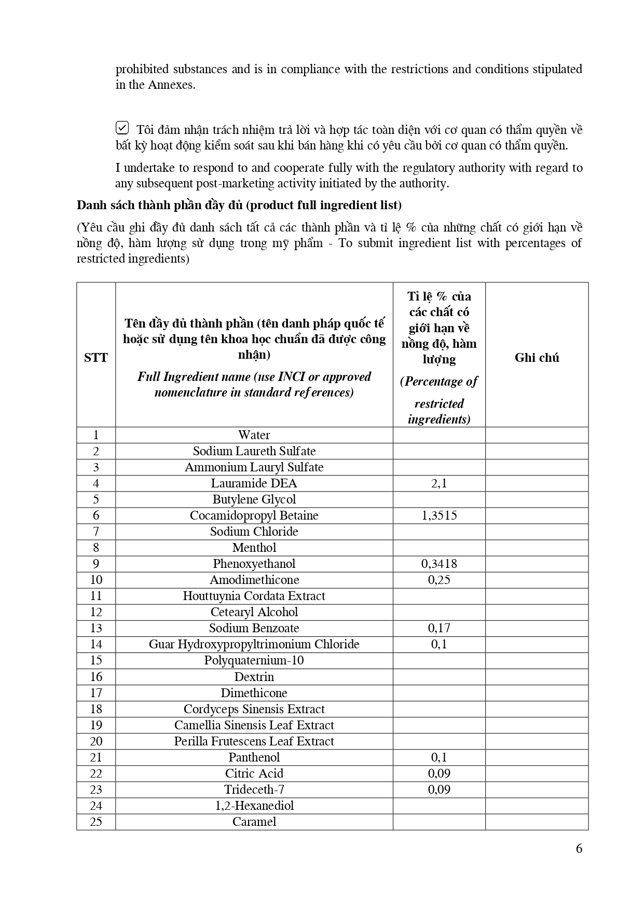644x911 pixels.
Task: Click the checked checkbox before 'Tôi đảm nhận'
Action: pos(122,127)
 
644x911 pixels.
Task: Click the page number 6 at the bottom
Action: pos(579,848)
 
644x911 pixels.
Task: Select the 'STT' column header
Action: pos(96,357)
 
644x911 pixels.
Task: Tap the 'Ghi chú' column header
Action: pos(537,357)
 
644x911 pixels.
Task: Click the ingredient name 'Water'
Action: pos(254,435)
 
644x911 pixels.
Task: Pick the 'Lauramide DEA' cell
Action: pos(254,483)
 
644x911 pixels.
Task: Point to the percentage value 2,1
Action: pos(439,483)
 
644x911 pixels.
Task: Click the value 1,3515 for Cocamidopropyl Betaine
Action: pos(439,515)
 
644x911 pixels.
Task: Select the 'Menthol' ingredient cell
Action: pos(254,548)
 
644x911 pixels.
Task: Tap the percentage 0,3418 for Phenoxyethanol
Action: pos(439,564)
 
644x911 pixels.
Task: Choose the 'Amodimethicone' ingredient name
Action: pos(254,580)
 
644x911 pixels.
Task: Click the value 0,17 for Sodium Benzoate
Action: pos(439,628)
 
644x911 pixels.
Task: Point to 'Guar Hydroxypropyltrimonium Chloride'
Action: pos(254,644)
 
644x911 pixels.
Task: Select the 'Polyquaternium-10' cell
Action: pos(254,660)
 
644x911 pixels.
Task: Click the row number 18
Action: pos(96,709)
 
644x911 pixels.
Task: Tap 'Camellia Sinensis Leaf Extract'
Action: pos(254,725)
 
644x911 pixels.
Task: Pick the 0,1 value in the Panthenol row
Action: pos(439,757)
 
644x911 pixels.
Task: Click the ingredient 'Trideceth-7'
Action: pos(254,790)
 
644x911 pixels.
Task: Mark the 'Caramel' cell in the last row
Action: pos(254,822)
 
